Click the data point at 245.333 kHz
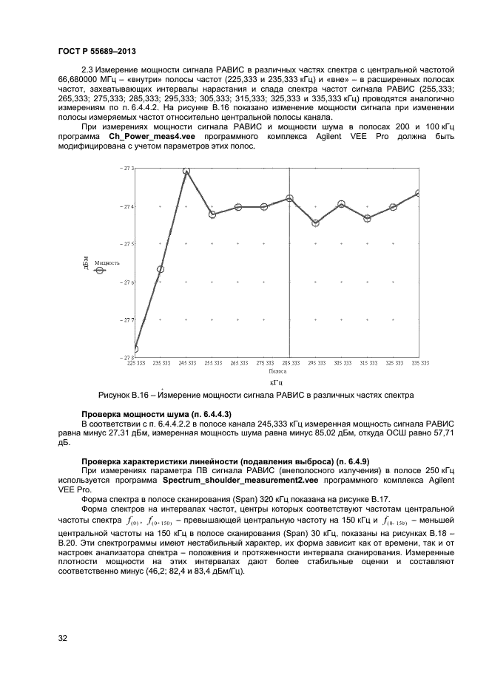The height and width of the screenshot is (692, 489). coord(186,171)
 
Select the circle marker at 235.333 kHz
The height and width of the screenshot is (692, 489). coord(161,269)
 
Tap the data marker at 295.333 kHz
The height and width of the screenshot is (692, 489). coord(315,223)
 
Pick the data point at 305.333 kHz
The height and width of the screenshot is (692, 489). coord(341,204)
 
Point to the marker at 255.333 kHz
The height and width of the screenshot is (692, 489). coord(212,214)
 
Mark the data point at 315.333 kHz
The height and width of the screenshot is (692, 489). coord(367,218)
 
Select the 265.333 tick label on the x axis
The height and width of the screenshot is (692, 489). coord(237,364)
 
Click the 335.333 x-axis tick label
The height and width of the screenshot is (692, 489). coord(419,364)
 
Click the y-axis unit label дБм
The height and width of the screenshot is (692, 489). coord(86,262)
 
